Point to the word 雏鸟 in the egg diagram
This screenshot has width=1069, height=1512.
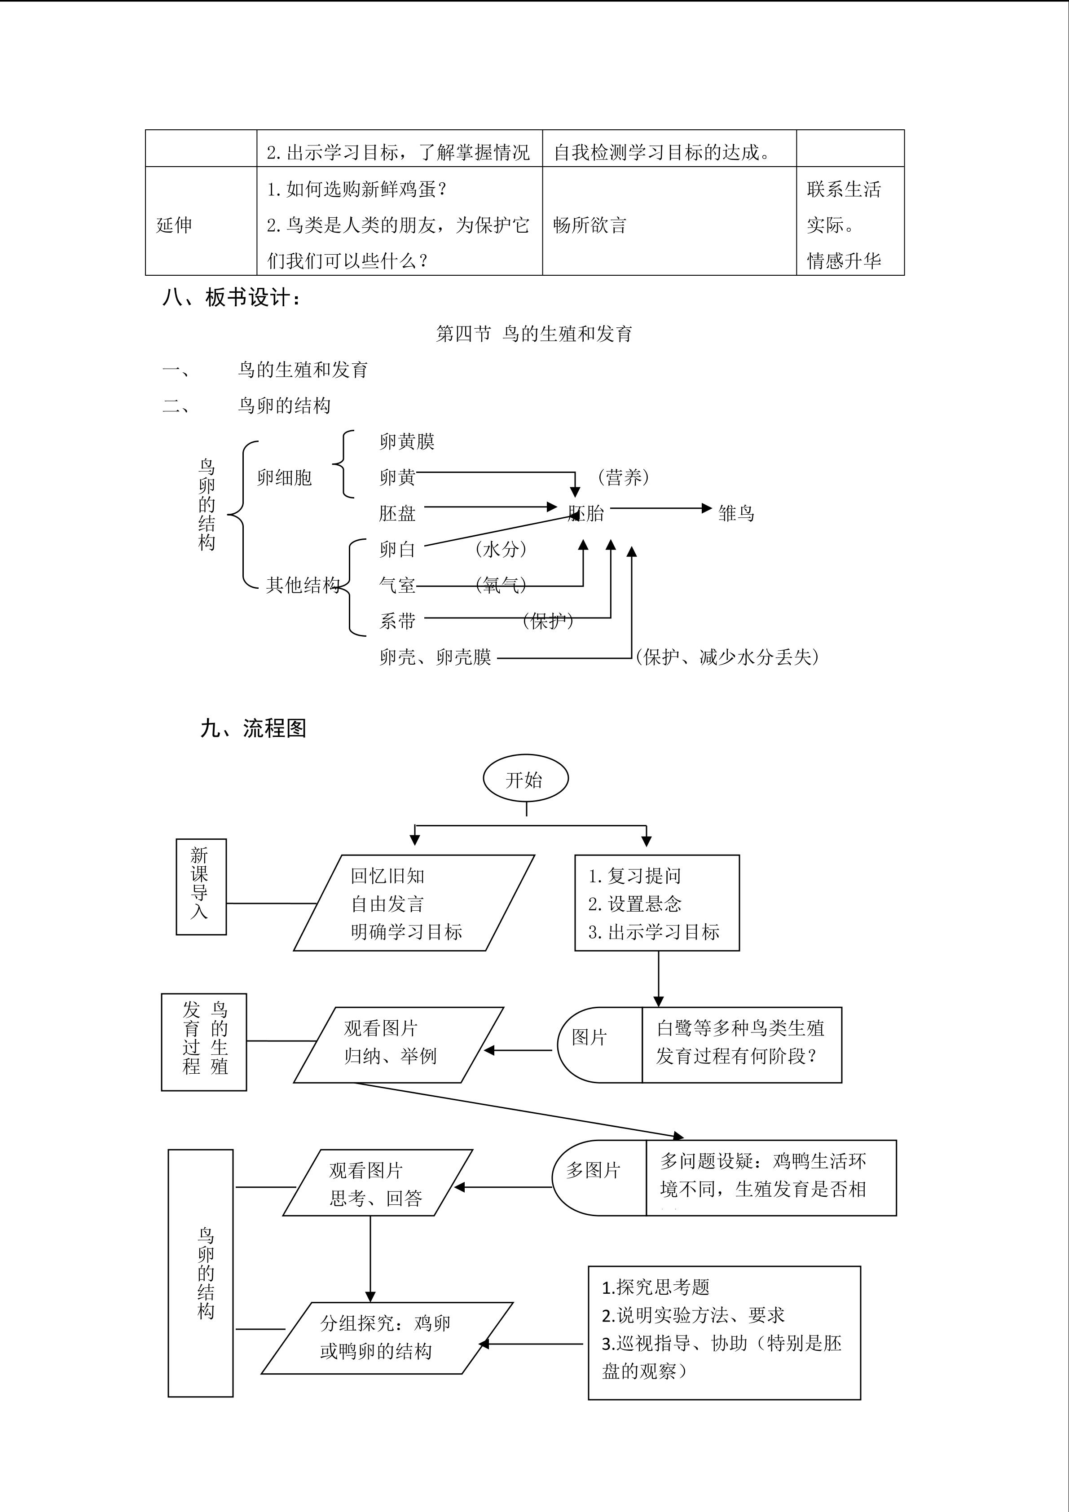pyautogui.click(x=736, y=513)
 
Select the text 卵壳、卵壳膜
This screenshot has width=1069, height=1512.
pyautogui.click(x=435, y=657)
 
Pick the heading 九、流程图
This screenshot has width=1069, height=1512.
pyautogui.click(x=253, y=728)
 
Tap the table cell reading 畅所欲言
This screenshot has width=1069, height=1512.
pyautogui.click(x=669, y=220)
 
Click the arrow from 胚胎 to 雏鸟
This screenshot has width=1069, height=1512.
pyautogui.click(x=661, y=508)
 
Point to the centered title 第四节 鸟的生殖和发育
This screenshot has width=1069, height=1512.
pyautogui.click(x=534, y=334)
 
